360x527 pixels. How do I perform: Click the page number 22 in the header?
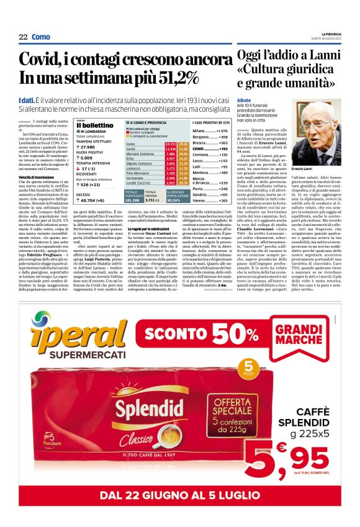coord(23,37)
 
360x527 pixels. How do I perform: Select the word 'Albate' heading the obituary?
coord(243,99)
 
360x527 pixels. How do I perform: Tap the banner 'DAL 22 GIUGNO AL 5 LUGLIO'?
coord(180,495)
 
